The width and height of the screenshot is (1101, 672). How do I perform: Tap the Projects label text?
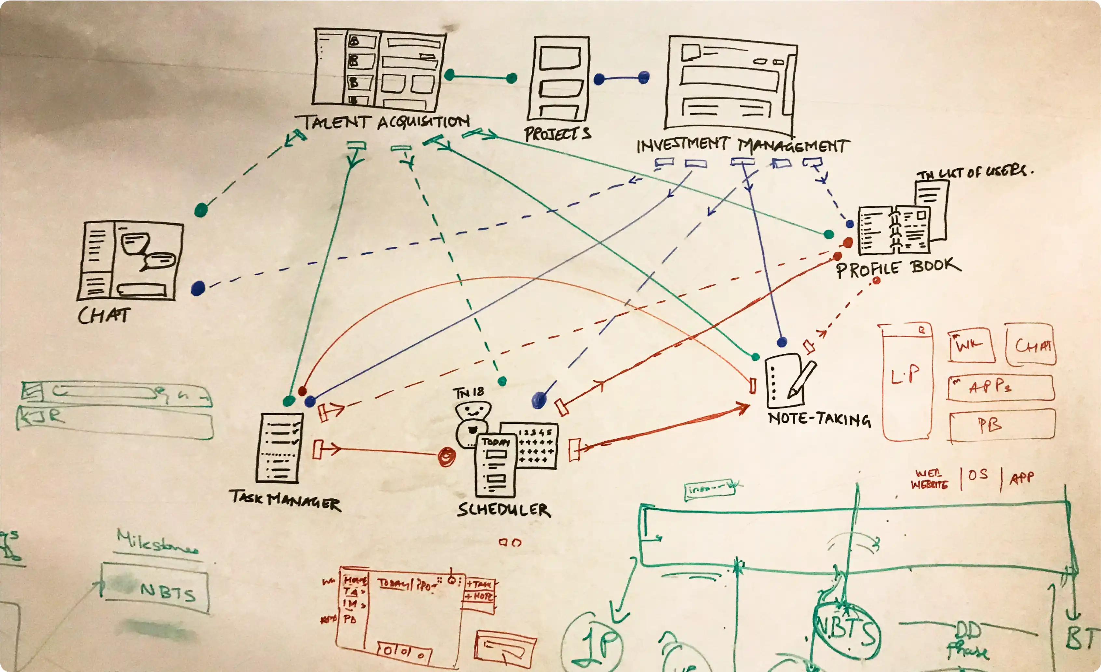557,133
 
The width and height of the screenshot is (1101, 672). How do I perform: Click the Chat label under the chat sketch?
104,315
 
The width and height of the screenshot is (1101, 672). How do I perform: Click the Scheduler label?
503,509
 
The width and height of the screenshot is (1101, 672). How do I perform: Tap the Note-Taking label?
819,419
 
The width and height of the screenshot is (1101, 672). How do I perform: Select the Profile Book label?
898,267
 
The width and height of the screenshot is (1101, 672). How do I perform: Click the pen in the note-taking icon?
803,379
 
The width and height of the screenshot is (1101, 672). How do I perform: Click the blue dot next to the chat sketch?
198,288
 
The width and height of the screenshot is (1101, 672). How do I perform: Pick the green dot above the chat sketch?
201,209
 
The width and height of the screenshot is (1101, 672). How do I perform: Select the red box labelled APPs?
1000,387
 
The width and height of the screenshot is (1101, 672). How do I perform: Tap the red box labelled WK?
972,346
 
